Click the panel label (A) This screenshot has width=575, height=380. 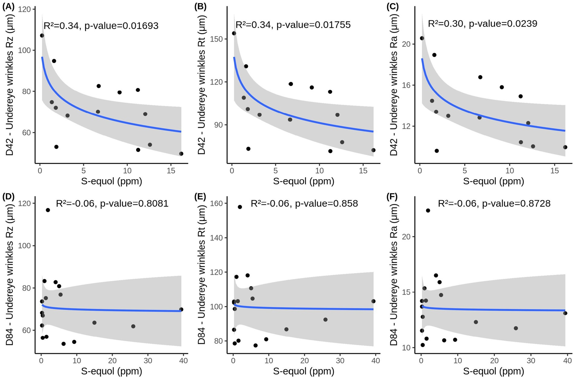pyautogui.click(x=8, y=7)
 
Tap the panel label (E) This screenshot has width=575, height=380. pyautogui.click(x=200, y=197)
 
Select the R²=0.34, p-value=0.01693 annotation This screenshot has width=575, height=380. pyautogui.click(x=101, y=26)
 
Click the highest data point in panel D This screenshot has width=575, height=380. pyautogui.click(x=48, y=210)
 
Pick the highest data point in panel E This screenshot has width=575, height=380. pyautogui.click(x=240, y=207)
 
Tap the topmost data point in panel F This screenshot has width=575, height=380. pyautogui.click(x=428, y=211)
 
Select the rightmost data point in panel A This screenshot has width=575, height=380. pyautogui.click(x=181, y=154)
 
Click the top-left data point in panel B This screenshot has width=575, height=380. pyautogui.click(x=234, y=33)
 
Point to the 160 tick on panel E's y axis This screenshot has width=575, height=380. pyautogui.click(x=216, y=203)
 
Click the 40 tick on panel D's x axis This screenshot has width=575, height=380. pyautogui.click(x=184, y=360)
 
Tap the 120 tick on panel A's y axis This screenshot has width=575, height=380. pyautogui.click(x=24, y=9)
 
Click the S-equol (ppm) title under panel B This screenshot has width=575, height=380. pyautogui.click(x=304, y=181)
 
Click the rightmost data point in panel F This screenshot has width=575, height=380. pyautogui.click(x=565, y=313)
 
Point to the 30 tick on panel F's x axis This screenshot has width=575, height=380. pyautogui.click(x=531, y=360)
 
